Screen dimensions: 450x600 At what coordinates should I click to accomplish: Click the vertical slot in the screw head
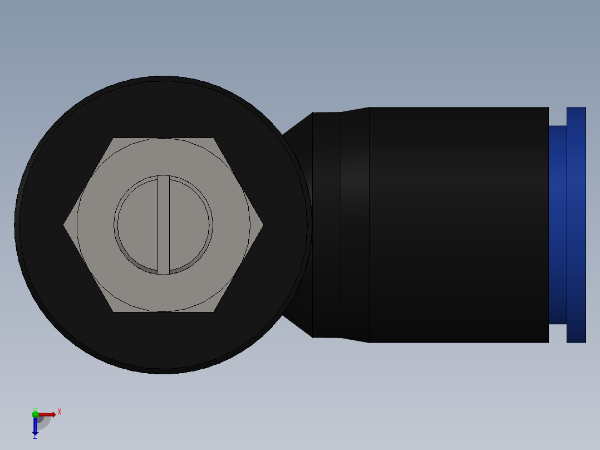163,224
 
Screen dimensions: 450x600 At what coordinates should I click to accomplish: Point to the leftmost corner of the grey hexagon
65,225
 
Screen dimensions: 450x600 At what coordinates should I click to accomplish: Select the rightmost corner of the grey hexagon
262,225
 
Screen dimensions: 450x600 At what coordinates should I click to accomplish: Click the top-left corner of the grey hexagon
114,139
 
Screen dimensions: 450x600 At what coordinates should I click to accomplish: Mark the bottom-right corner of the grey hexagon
213,311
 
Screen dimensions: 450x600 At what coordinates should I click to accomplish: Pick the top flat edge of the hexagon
163,139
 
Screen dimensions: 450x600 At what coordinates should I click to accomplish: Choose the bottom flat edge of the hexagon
163,311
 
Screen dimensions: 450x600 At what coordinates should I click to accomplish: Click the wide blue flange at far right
576,224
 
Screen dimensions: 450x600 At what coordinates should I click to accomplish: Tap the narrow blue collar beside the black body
557,224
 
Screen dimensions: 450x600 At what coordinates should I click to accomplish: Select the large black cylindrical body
459,224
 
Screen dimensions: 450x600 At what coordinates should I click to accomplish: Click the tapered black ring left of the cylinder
355,224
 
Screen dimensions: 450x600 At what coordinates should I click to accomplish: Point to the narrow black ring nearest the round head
327,224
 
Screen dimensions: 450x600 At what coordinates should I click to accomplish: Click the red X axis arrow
47,414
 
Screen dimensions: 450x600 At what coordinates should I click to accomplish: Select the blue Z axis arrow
35,426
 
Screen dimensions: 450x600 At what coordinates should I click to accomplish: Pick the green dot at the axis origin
35,414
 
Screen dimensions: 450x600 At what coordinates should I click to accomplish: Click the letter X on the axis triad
59,412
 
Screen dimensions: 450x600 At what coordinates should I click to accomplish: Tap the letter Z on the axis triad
35,437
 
